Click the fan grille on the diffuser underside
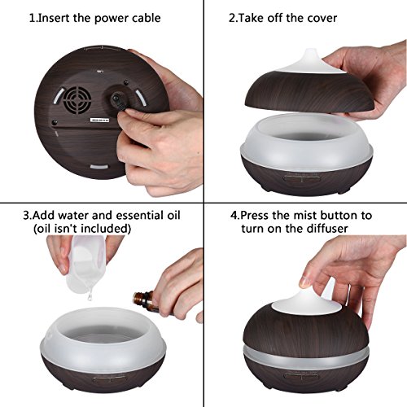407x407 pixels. [x=77, y=100]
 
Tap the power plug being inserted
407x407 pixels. [x=118, y=101]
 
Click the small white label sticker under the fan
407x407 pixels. [x=99, y=120]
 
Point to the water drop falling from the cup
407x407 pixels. [x=89, y=296]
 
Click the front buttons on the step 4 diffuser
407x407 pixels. [x=301, y=376]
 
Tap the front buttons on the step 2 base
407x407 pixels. [x=301, y=178]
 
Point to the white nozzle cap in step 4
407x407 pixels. [x=307, y=303]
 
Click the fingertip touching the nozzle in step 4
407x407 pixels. [x=305, y=282]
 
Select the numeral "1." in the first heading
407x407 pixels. [x=33, y=18]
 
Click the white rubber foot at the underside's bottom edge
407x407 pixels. [x=99, y=167]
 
